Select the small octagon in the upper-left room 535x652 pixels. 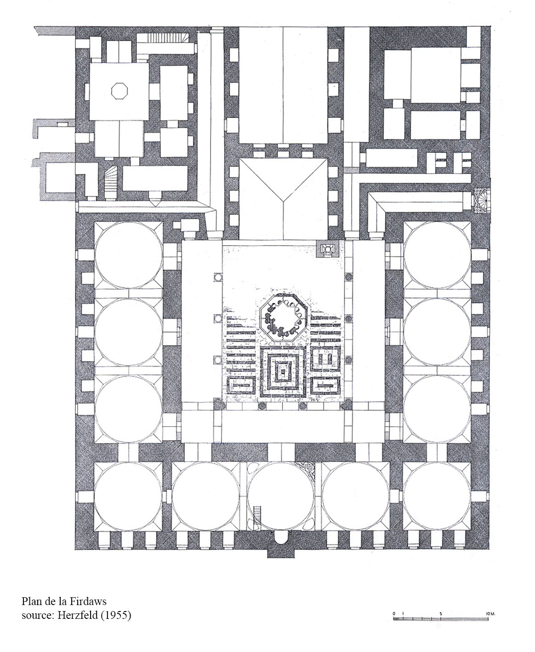[119, 91]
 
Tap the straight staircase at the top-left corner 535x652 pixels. [167, 38]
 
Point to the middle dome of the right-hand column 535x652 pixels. [437, 332]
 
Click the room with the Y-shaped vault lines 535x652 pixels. [283, 199]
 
